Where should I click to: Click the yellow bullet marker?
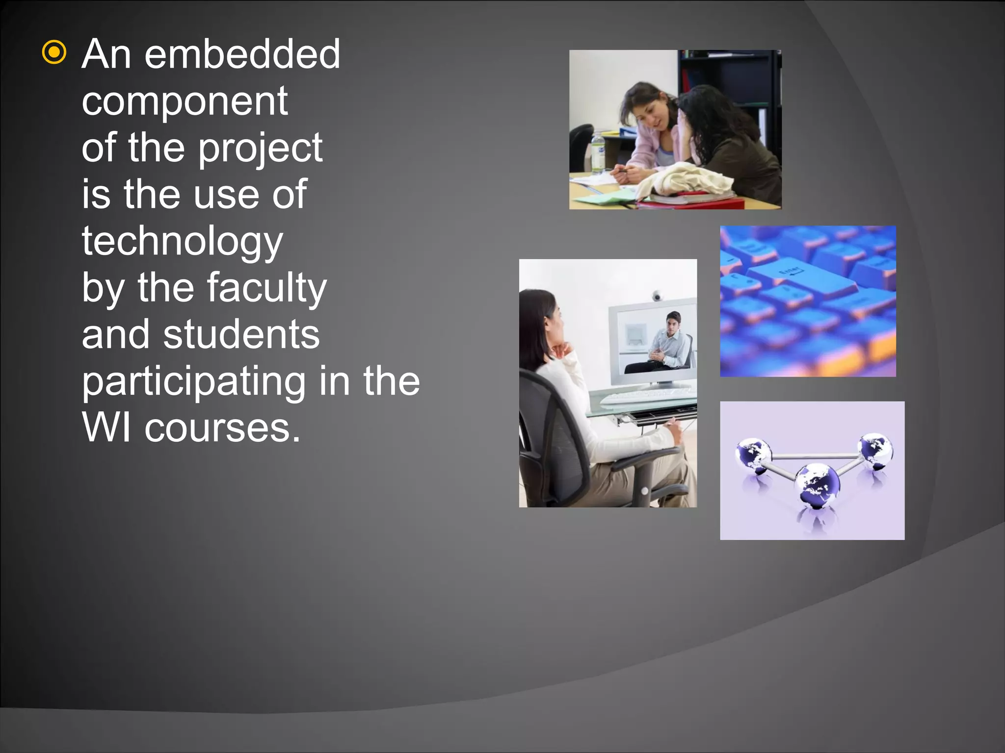(x=54, y=53)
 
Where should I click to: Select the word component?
(x=185, y=101)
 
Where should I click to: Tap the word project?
(x=261, y=148)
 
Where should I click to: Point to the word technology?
(x=183, y=241)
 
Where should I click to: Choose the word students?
(x=241, y=334)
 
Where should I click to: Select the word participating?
(x=194, y=381)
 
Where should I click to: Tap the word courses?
(x=222, y=427)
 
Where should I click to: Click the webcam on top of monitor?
(x=657, y=296)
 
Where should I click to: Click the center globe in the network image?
(x=817, y=485)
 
